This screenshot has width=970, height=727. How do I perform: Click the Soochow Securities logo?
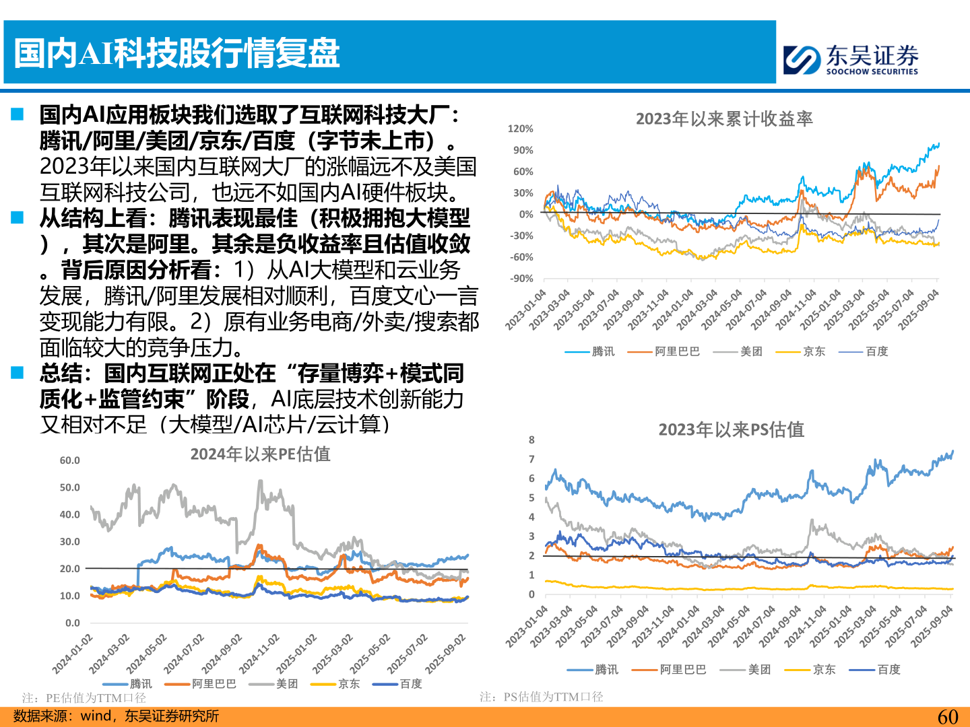[851, 59]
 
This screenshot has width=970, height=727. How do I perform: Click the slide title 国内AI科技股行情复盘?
[176, 53]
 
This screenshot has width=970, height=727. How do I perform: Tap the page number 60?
[947, 716]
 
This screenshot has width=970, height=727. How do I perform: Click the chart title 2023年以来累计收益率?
[724, 119]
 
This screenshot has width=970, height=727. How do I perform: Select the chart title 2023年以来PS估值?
[731, 429]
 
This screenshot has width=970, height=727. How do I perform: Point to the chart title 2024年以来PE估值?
[260, 454]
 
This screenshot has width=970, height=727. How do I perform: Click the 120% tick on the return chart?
[520, 129]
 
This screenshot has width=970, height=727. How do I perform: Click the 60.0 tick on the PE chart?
[69, 460]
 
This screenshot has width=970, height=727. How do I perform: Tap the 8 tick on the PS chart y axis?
[531, 440]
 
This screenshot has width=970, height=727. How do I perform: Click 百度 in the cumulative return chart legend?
[876, 351]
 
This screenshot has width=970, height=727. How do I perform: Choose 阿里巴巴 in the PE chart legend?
[214, 684]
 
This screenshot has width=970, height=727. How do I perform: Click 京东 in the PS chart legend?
[823, 670]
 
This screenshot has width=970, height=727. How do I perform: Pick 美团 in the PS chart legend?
[758, 670]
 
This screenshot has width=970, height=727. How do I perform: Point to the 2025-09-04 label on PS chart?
[933, 626]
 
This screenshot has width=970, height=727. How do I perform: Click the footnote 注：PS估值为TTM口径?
[541, 697]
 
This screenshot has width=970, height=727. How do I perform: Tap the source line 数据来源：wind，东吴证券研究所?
[116, 716]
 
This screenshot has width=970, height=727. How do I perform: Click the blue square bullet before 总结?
[18, 372]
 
